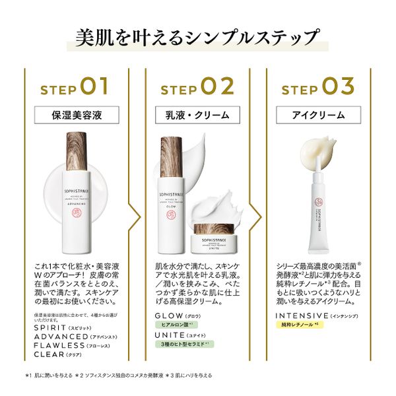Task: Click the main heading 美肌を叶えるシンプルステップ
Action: pyautogui.click(x=198, y=38)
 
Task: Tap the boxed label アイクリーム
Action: pyautogui.click(x=318, y=114)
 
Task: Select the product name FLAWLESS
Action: pyautogui.click(x=59, y=345)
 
